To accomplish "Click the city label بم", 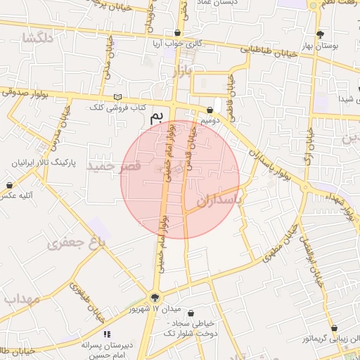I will point(161,117).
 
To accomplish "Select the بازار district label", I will point(181,72).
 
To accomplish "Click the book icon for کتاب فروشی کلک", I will point(117,97).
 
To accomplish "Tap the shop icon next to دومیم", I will point(211,110).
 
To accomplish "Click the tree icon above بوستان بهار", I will point(321,34).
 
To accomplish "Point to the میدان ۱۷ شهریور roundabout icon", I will point(155,297).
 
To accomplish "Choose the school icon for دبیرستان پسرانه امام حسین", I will point(107,334).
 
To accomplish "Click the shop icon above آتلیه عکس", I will point(9,185).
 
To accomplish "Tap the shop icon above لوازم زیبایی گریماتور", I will point(333,328).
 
